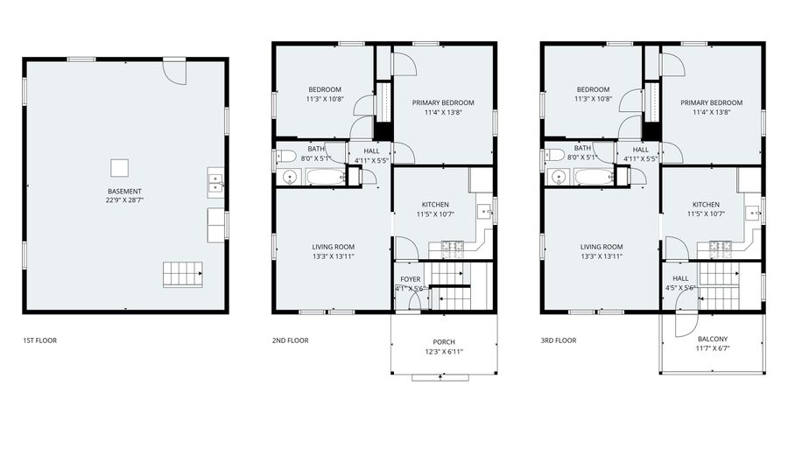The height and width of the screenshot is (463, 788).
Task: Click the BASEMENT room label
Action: pos(124,192)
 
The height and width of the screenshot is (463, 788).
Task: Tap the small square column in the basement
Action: pos(120,168)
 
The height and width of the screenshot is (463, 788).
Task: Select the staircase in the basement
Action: pos(183,274)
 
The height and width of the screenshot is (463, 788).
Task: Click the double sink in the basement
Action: pos(215,183)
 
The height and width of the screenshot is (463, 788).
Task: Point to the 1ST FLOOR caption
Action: pos(39,340)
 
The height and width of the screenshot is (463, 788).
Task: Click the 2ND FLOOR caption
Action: pos(291,340)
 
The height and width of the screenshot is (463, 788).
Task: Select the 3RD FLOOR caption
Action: pos(559,340)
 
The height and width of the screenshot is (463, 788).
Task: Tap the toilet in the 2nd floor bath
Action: pos(286,156)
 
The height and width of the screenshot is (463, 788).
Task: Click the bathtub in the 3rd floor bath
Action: pos(594,177)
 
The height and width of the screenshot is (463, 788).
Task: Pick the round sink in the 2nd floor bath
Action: pos(290,177)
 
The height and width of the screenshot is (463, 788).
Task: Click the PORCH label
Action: pos(444,342)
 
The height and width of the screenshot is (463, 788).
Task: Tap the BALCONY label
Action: pos(713,339)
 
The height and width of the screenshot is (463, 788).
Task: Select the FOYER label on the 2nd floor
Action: pos(411,279)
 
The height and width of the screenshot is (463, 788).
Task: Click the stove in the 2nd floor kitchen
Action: pos(452,246)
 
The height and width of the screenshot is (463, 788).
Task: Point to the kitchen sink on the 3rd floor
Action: pos(752,213)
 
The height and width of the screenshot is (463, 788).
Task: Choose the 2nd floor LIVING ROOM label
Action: pos(334,247)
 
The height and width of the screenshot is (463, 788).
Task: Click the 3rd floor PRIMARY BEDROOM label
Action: pos(711,103)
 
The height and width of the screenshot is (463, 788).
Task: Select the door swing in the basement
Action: pos(174,73)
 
